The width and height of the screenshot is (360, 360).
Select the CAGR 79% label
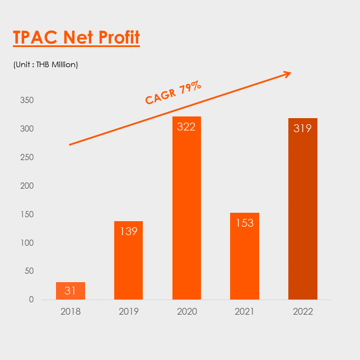173,92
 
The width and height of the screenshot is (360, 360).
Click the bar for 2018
71,291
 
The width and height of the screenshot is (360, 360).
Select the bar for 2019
129,260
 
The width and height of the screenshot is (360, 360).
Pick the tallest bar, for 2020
186,208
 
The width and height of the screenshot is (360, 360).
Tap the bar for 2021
245,256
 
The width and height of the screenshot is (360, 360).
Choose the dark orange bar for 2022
303,209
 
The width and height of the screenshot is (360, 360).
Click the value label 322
186,127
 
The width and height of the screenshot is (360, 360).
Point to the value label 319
302,128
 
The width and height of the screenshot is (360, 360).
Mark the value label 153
245,223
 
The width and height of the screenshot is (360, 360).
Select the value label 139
129,231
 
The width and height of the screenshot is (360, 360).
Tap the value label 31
70,291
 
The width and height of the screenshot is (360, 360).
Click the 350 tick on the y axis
27,100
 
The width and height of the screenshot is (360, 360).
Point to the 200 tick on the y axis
27,186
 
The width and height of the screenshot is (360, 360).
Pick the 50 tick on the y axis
29,271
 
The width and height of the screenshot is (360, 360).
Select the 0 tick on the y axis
31,300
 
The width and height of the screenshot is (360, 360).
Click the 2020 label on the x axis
187,311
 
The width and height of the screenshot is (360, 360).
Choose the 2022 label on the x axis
303,311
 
